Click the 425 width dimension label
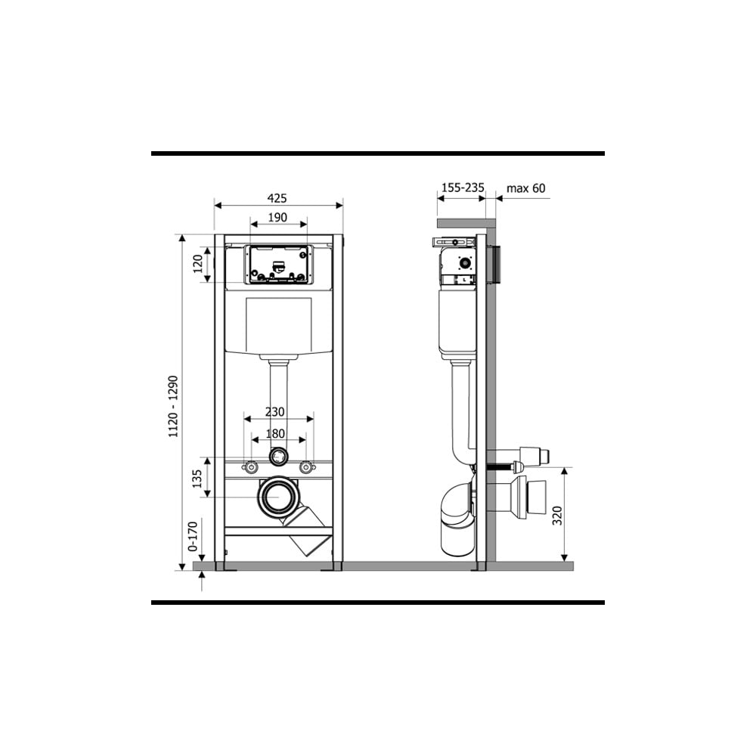coord(277,197)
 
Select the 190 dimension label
coord(277,218)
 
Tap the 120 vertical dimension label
coord(198,264)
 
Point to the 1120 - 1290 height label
coord(173,407)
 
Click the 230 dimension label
coord(275,412)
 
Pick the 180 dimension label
coord(275,433)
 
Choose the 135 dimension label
coord(197,479)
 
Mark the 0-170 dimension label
coord(193,536)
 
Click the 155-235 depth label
coord(463,187)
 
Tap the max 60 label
coord(526,188)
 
